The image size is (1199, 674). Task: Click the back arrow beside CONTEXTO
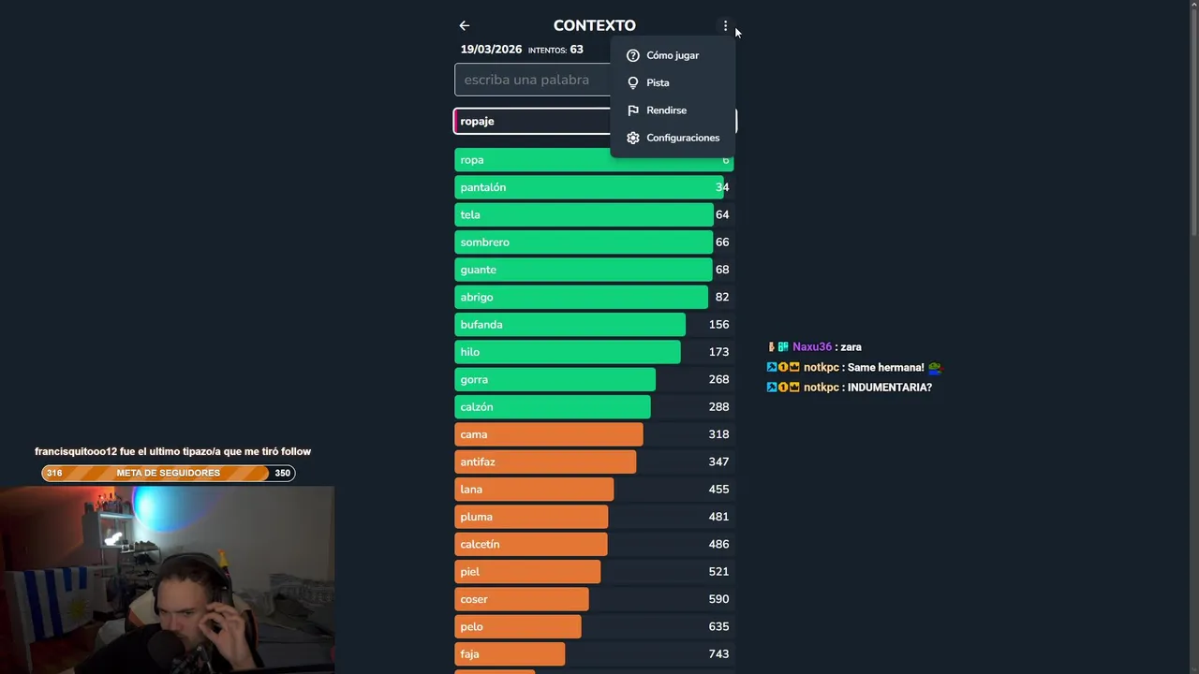coord(465,26)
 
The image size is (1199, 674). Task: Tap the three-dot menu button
coord(725,26)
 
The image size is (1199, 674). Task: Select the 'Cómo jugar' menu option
coord(672,55)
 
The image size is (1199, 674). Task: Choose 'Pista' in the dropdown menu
coord(657,82)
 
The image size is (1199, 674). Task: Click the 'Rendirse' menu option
coord(665,110)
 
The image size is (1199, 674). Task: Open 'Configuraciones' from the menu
coord(682,138)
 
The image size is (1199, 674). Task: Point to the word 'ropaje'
coord(477,122)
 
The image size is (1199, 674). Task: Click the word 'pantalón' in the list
coord(482,187)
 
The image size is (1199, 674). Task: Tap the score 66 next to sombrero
coord(721,242)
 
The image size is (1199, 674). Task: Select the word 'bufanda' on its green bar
coord(481,325)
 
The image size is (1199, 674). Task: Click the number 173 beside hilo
coord(718,352)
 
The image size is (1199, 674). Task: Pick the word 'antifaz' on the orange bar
coord(478,462)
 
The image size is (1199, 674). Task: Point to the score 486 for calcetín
coord(718,544)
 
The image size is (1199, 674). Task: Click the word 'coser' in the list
coord(474,599)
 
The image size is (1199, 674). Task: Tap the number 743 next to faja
coord(718,654)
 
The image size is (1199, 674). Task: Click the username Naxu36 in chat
coord(811,347)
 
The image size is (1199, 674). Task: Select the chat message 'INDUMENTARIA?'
coord(889,388)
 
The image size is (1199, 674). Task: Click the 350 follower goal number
coord(282,474)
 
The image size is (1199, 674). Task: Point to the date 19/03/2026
coord(491,50)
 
